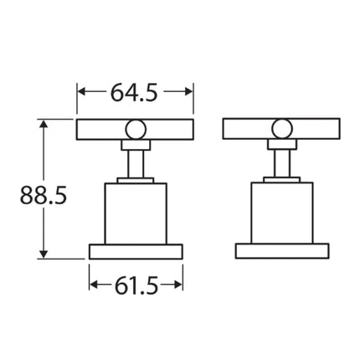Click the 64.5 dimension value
pos(136,91)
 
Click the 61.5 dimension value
pos(136,285)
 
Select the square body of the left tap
pos(136,213)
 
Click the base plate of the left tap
pos(136,251)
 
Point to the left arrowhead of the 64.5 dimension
pos(82,91)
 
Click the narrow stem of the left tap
pos(136,162)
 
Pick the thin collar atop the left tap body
pos(136,179)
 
